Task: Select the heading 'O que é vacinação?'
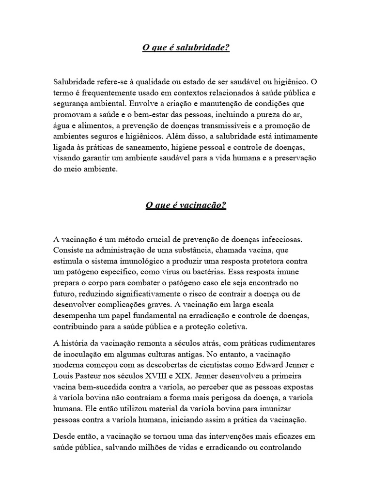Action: click(x=186, y=205)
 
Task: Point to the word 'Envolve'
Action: click(x=179, y=104)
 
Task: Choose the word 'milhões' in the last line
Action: click(x=177, y=448)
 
